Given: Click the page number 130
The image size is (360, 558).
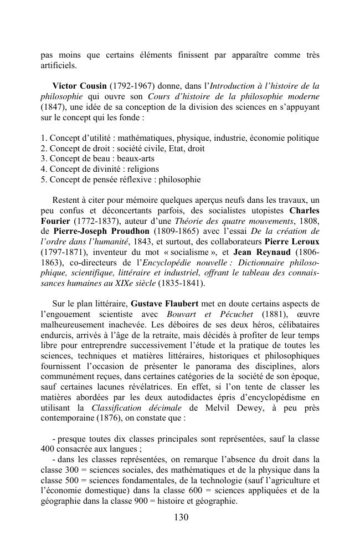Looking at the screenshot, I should [181, 518].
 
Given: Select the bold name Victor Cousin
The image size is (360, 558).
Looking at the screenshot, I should [79, 86].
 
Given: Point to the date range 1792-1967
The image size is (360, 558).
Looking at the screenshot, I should [131, 86].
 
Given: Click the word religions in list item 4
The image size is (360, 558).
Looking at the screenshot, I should [142, 169].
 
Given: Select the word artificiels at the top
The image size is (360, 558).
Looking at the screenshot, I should [59, 65].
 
